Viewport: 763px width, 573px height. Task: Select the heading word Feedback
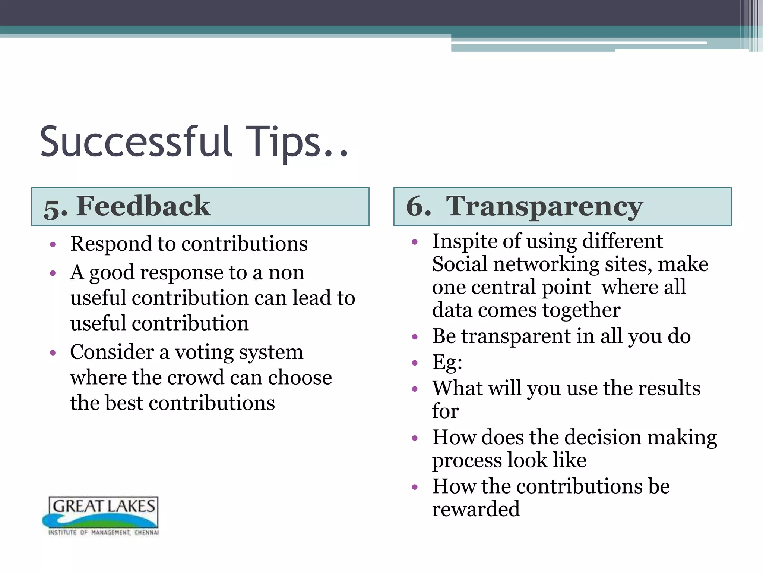(x=143, y=206)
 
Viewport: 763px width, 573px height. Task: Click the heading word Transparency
(x=544, y=207)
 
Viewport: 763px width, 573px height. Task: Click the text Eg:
(x=447, y=362)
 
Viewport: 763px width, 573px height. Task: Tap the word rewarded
(x=476, y=509)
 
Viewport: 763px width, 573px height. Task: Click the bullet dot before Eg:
(x=415, y=363)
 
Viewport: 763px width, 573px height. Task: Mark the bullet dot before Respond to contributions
(x=53, y=245)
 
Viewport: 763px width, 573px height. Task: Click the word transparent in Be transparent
(x=516, y=336)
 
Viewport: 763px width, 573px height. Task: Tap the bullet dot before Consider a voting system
(x=53, y=353)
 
